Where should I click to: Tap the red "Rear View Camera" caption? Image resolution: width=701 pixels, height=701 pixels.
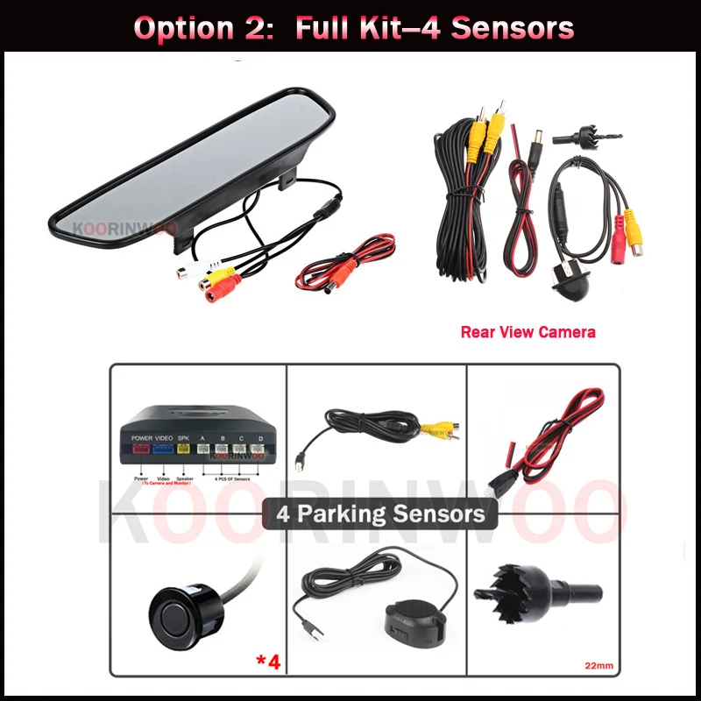(x=528, y=332)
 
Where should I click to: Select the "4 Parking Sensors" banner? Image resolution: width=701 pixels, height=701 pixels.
(x=380, y=513)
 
